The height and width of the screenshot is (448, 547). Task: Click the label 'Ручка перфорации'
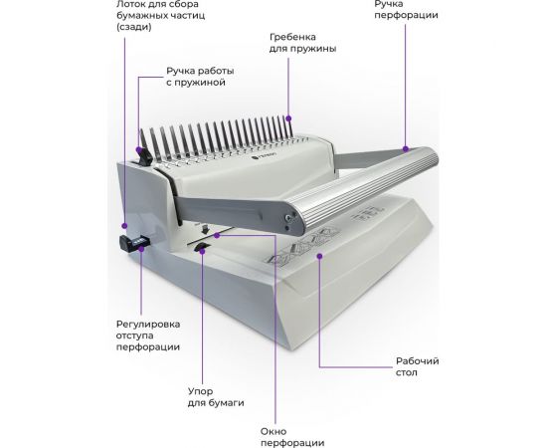coord(407,9)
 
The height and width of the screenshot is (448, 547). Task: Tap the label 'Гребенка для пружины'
coord(302,43)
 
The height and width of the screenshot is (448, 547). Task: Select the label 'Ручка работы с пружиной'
coord(200,77)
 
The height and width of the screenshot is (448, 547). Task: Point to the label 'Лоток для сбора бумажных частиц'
coord(161,15)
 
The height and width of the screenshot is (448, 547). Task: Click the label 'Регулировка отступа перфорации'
coord(148,336)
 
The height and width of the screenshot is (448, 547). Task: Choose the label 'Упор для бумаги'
coord(216,396)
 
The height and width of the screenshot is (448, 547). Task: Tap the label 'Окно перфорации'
coord(292,437)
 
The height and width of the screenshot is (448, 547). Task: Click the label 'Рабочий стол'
coord(418,366)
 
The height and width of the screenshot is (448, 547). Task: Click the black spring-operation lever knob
coord(144,156)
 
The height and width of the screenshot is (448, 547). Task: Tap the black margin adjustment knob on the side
coord(133,242)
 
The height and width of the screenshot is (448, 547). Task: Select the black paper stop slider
coord(202,247)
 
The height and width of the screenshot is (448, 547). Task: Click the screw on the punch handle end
coord(288,218)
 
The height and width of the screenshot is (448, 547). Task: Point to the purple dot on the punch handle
coord(406,149)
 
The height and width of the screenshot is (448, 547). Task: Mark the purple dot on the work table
coord(319,256)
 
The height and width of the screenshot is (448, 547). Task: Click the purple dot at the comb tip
coord(288,118)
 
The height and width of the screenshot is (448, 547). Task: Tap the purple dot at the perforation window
coord(217,236)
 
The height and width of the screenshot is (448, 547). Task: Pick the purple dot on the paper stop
coord(202,251)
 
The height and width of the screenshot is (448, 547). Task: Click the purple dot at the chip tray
coord(124,226)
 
